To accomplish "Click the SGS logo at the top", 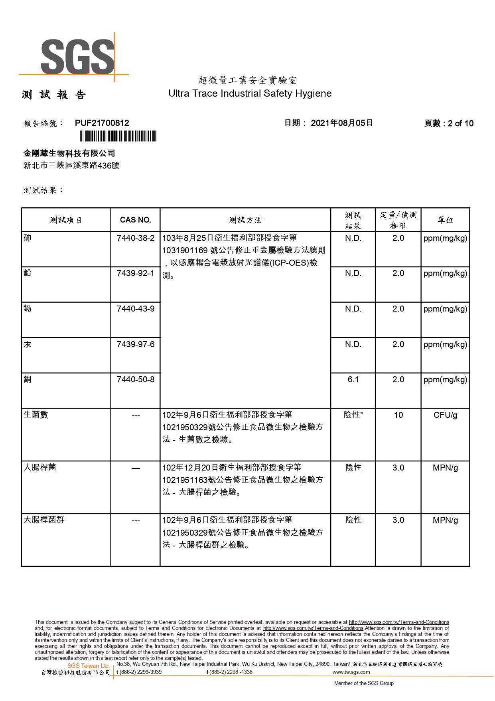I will click(77, 57).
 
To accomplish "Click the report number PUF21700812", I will click(102, 123).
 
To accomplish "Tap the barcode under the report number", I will click(118, 137).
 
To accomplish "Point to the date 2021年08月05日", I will click(341, 123).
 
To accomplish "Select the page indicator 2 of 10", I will click(460, 123).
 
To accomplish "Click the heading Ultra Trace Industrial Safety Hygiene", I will click(250, 93).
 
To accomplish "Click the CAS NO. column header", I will click(135, 220).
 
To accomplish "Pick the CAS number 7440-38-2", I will click(135, 238).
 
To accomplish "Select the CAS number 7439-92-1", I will click(135, 273).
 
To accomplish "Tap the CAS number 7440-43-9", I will click(135, 309).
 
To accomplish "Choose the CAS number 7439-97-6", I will click(135, 344).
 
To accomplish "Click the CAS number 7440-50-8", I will click(135, 379).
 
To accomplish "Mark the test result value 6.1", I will click(353, 379).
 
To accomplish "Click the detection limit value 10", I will click(398, 415).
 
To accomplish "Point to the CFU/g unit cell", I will click(445, 415).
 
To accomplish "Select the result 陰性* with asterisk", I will click(353, 415).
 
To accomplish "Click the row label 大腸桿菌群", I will click(44, 520).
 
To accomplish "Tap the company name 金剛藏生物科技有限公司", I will click(69, 153).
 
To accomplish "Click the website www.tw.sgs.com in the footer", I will click(351, 672).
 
